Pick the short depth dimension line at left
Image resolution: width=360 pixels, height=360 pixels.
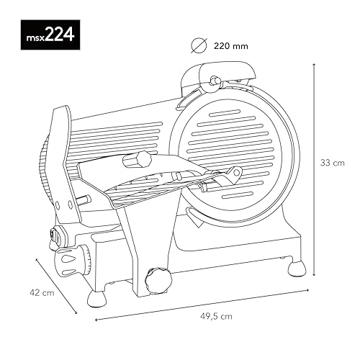point(56,287)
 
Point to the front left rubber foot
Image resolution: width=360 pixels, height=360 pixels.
point(97,297)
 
